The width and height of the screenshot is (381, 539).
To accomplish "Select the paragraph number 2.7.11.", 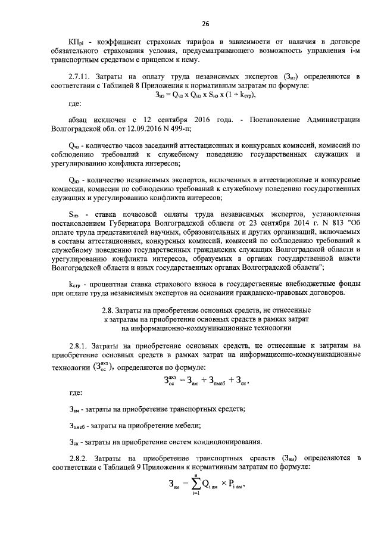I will coord(81,77).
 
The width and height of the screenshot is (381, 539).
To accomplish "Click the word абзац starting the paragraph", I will coord(80,119).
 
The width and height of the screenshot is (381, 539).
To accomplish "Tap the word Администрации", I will coord(332,119).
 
